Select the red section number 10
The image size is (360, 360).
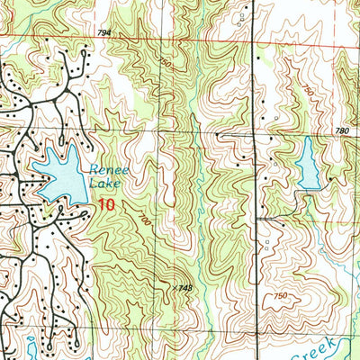tap(107, 205)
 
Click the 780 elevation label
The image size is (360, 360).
tap(340, 131)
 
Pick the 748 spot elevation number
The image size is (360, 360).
tap(186, 287)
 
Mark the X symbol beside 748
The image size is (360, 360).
tap(173, 284)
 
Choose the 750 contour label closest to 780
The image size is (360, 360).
tap(309, 91)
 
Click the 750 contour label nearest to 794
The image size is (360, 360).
tap(164, 63)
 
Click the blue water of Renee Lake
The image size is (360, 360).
tap(58, 175)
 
